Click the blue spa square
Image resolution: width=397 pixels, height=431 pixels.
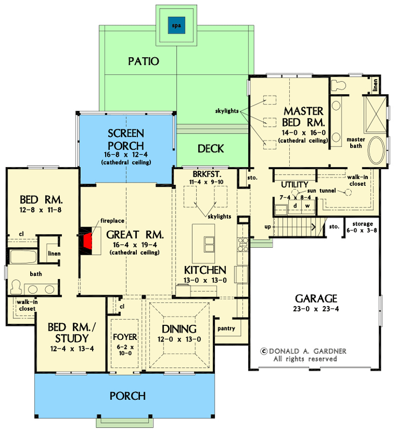pyautogui.click(x=175, y=26)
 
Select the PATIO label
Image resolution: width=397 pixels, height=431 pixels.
pyautogui.click(x=143, y=61)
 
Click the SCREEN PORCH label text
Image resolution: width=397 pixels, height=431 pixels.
pyautogui.click(x=126, y=140)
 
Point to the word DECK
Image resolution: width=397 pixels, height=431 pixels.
pyautogui.click(x=211, y=149)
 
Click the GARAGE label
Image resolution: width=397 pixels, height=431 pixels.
pyautogui.click(x=316, y=298)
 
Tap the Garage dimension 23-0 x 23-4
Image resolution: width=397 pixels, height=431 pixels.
pyautogui.click(x=316, y=309)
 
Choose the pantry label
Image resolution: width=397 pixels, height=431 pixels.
pyautogui.click(x=226, y=328)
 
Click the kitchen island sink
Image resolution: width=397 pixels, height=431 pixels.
pyautogui.click(x=208, y=245)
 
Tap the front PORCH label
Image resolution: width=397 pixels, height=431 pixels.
pyautogui.click(x=128, y=396)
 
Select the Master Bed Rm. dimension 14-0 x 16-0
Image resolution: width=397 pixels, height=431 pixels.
pyautogui.click(x=303, y=132)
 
